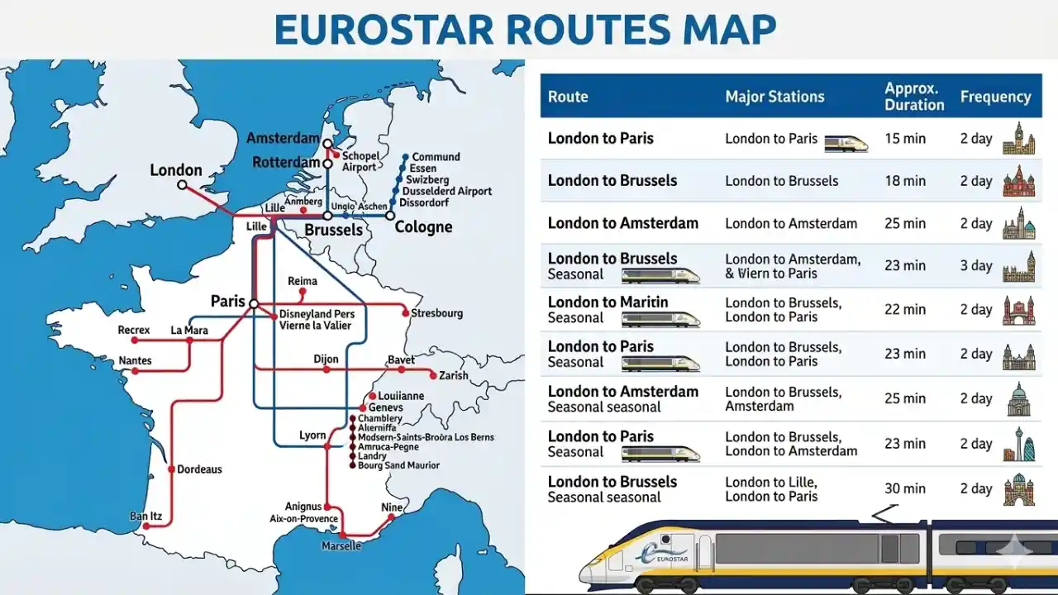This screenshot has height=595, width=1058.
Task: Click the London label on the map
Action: tap(175, 170)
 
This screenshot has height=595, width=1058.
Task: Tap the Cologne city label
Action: tap(423, 227)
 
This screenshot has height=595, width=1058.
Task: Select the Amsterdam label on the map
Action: tap(283, 138)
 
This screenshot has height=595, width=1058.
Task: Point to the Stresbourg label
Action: tap(437, 313)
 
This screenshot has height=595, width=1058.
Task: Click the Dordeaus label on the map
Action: tap(200, 469)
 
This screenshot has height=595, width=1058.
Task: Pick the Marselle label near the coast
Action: tap(341, 545)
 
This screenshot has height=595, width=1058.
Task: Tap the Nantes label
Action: tap(135, 360)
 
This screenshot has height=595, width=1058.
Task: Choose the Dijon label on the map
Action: tap(326, 359)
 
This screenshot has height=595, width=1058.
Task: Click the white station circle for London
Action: tap(183, 185)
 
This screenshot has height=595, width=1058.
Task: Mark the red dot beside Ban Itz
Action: tap(145, 526)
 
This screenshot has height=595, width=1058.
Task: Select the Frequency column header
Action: tap(995, 97)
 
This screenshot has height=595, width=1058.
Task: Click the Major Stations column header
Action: tap(774, 97)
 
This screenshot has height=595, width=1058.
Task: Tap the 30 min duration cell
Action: tap(904, 488)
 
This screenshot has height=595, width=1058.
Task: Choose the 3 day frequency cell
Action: tap(975, 265)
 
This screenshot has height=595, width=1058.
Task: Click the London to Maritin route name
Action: tap(608, 302)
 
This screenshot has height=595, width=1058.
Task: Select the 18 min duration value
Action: tap(904, 181)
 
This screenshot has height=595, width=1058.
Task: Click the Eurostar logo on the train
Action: tap(660, 555)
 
